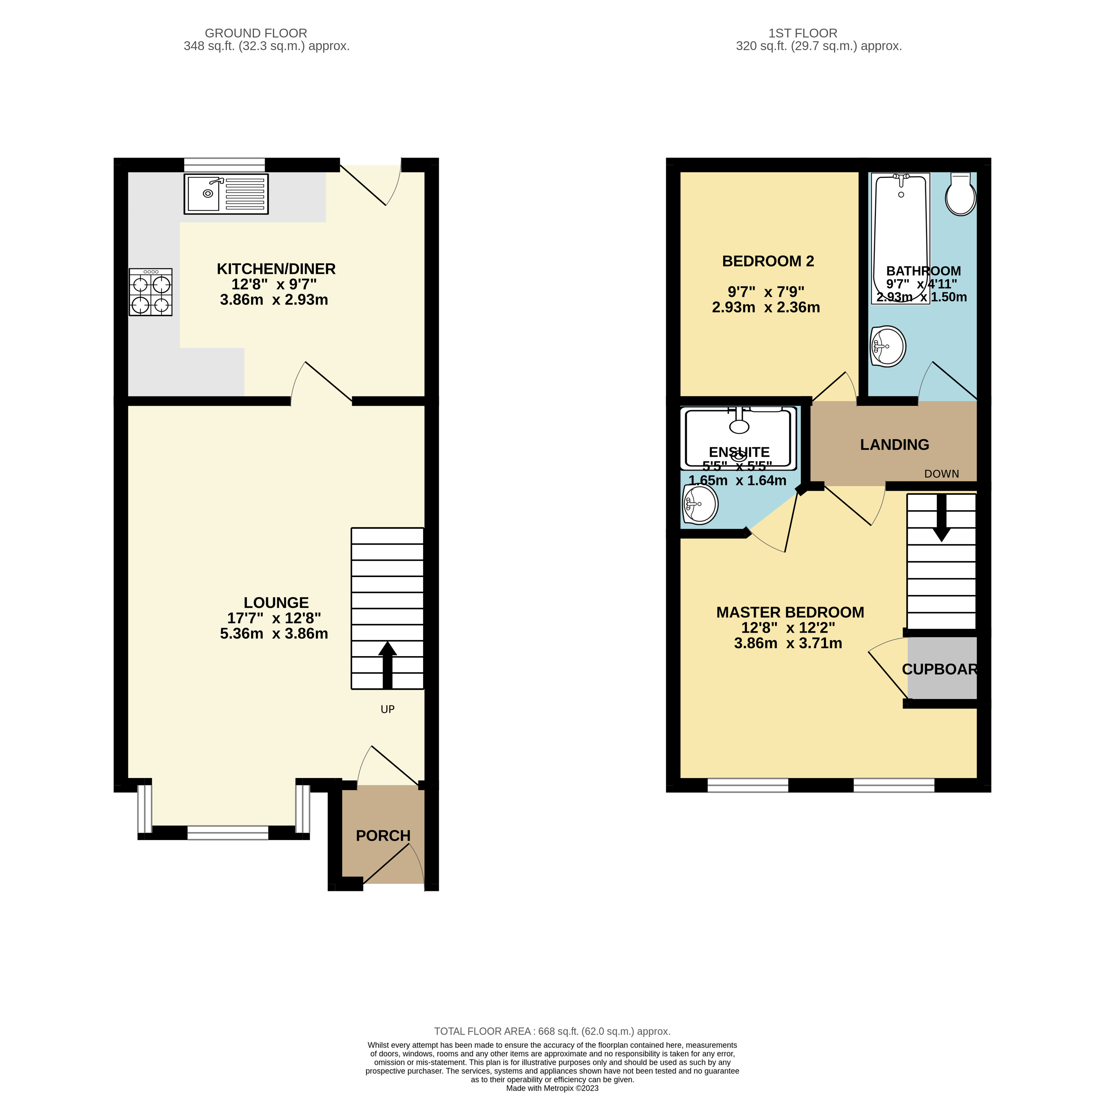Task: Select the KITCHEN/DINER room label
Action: pyautogui.click(x=276, y=269)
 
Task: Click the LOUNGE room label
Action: pyautogui.click(x=276, y=603)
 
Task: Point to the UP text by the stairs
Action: pyautogui.click(x=387, y=709)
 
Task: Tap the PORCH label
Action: pyautogui.click(x=383, y=836)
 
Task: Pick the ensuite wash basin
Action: pyautogui.click(x=699, y=504)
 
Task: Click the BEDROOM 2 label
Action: pyautogui.click(x=768, y=261)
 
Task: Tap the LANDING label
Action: pyautogui.click(x=894, y=445)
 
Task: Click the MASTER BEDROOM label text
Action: pyautogui.click(x=790, y=612)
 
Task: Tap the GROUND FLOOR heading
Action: pyautogui.click(x=256, y=33)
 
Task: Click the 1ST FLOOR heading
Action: pyautogui.click(x=803, y=33)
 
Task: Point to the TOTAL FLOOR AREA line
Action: pyautogui.click(x=552, y=1031)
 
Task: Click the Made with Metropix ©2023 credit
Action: pyautogui.click(x=552, y=1088)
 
